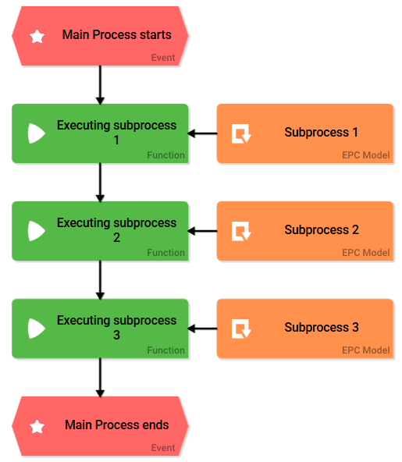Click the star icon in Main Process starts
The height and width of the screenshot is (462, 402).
click(37, 36)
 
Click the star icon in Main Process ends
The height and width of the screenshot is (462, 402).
click(37, 426)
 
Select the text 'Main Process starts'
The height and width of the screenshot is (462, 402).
click(116, 35)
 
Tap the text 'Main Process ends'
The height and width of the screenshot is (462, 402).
click(116, 425)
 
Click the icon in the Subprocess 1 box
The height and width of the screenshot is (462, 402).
click(241, 133)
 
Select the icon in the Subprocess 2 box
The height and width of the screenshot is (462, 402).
click(241, 231)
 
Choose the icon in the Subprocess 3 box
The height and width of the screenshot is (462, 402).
click(241, 329)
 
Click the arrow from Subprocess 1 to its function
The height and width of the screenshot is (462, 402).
click(203, 133)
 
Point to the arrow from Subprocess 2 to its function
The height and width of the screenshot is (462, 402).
click(203, 231)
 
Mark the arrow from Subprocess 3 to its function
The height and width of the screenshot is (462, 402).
click(203, 329)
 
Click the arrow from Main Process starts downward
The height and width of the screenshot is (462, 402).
click(100, 84)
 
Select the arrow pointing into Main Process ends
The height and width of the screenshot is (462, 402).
click(100, 377)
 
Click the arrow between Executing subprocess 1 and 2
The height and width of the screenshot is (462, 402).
click(100, 182)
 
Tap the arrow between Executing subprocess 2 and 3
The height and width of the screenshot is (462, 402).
click(100, 279)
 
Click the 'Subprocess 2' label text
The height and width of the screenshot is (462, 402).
click(321, 230)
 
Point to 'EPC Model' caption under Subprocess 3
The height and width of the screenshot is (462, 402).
click(365, 350)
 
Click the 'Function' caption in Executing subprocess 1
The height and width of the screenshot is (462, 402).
click(165, 155)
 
